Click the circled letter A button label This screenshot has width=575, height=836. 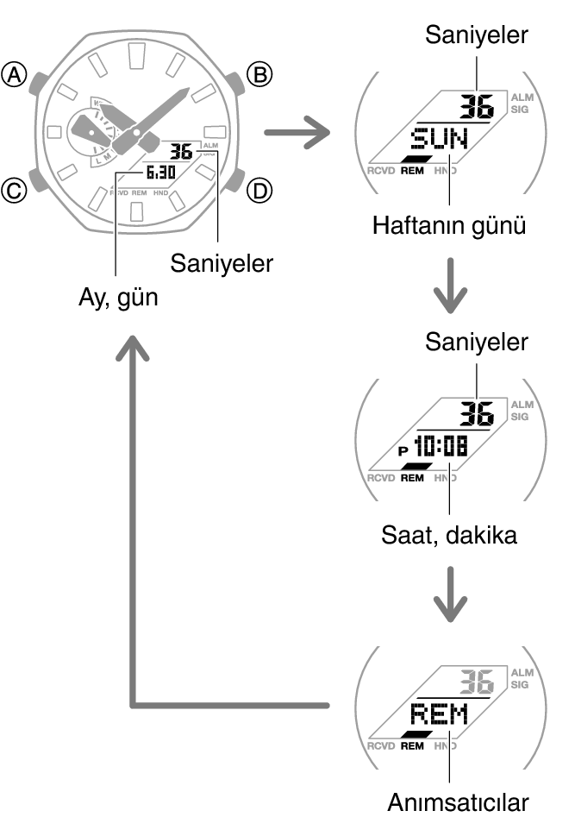pyautogui.click(x=15, y=76)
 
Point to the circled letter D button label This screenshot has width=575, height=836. pyautogui.click(x=259, y=190)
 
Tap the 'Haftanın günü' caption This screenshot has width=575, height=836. pyautogui.click(x=448, y=226)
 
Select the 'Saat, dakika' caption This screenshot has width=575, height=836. pyautogui.click(x=448, y=536)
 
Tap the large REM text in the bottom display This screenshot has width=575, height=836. pyautogui.click(x=438, y=713)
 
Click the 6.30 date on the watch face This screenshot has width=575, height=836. pyautogui.click(x=160, y=173)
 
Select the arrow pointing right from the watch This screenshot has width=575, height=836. pyautogui.click(x=297, y=134)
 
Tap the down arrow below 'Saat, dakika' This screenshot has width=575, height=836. pyautogui.click(x=449, y=595)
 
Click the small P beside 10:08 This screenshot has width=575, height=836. pyautogui.click(x=402, y=450)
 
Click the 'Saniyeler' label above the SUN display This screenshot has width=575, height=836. pyautogui.click(x=476, y=35)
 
